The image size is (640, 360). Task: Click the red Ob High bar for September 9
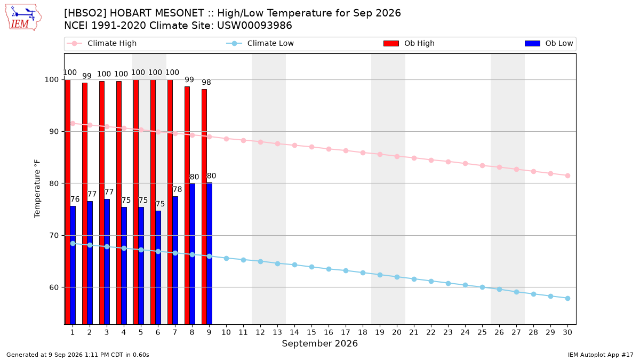click(x=204, y=207)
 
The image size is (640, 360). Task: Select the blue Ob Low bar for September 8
click(x=192, y=254)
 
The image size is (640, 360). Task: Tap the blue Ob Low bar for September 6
click(x=158, y=268)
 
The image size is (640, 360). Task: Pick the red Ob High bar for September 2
click(x=85, y=204)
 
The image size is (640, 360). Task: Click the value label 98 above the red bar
click(x=206, y=82)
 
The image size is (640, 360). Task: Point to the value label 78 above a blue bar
click(x=177, y=189)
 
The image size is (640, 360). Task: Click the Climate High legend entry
click(x=101, y=43)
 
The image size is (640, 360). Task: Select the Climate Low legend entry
click(x=260, y=43)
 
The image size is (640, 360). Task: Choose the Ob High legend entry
click(x=409, y=43)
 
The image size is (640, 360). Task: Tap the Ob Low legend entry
click(x=549, y=43)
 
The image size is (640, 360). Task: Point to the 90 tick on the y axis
click(x=53, y=131)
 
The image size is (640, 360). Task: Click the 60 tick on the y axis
click(x=53, y=287)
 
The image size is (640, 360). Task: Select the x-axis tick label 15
click(x=311, y=332)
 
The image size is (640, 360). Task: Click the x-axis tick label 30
click(x=567, y=332)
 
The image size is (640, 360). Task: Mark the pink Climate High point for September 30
click(x=567, y=175)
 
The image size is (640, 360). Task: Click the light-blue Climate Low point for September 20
click(x=397, y=277)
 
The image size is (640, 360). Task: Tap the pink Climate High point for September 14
click(x=294, y=146)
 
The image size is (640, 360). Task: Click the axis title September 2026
click(x=319, y=343)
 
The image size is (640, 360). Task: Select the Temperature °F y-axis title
click(x=37, y=189)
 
